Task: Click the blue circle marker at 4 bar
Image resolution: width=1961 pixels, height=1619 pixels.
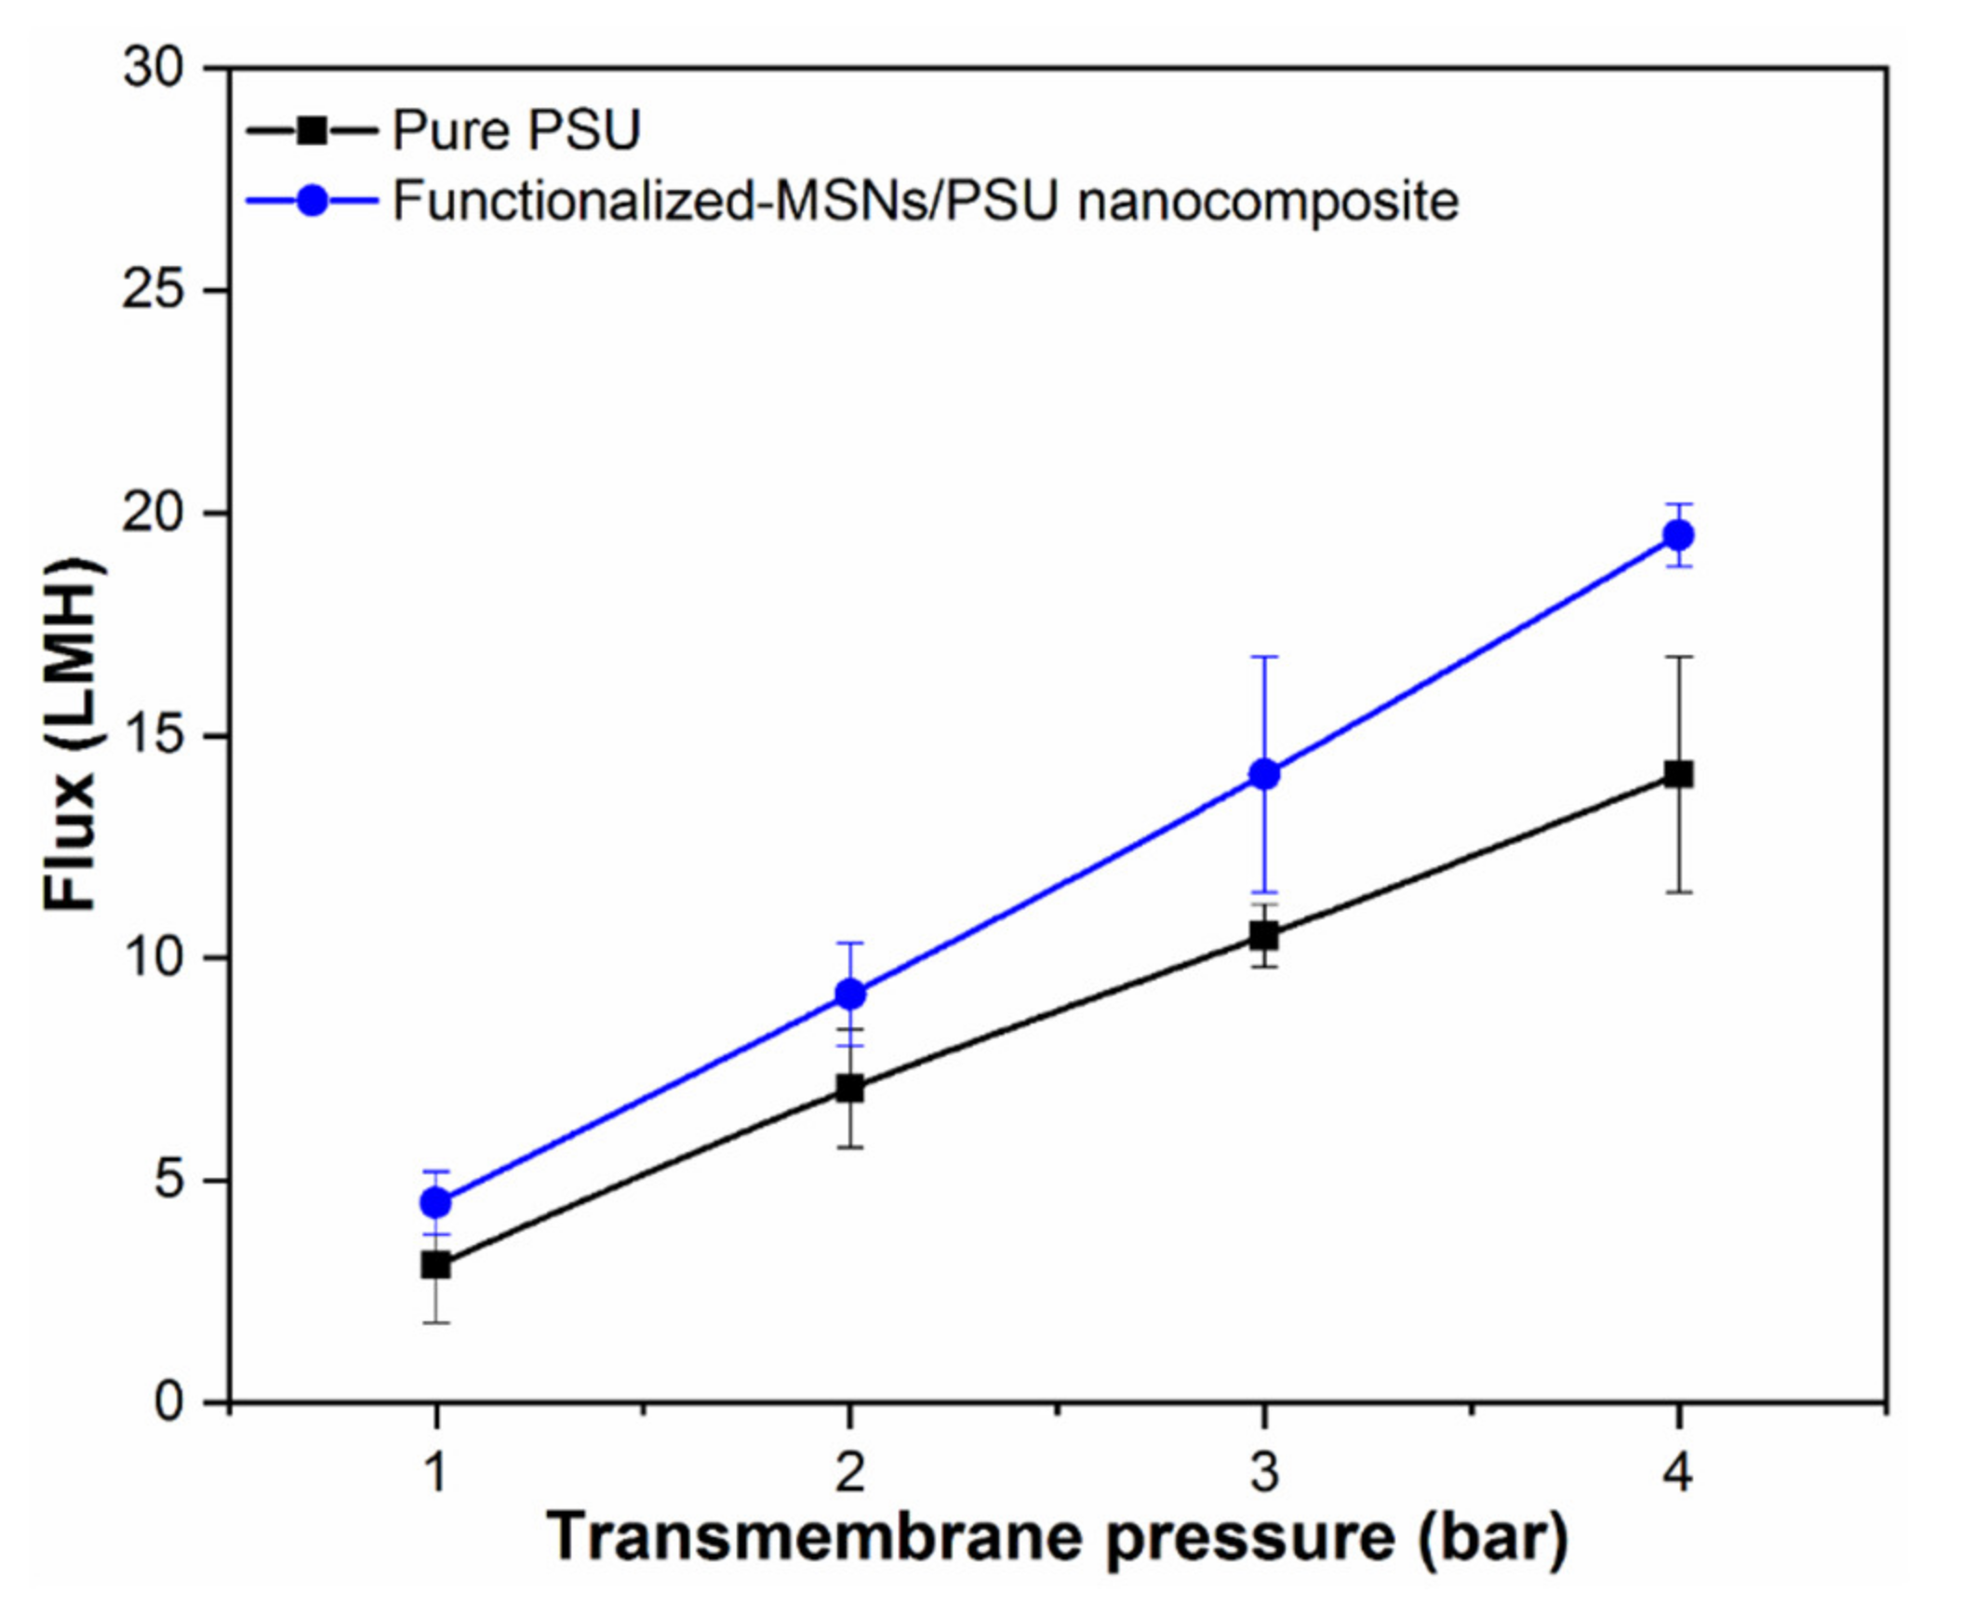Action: pyautogui.click(x=1677, y=535)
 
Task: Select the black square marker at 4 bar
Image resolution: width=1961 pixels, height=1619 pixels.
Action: pyautogui.click(x=1677, y=775)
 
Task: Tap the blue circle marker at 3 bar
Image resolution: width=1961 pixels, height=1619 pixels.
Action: pyautogui.click(x=1263, y=774)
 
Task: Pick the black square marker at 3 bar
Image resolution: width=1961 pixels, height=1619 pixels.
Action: pyautogui.click(x=1263, y=934)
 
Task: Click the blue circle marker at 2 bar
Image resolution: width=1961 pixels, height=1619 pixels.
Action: pyautogui.click(x=849, y=995)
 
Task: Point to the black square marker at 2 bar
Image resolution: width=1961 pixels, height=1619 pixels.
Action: pyautogui.click(x=849, y=1089)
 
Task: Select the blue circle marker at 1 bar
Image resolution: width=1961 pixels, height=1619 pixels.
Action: pyautogui.click(x=435, y=1203)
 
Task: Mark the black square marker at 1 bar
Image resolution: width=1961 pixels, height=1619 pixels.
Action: pyautogui.click(x=435, y=1265)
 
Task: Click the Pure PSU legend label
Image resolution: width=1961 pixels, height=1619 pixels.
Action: pyautogui.click(x=515, y=129)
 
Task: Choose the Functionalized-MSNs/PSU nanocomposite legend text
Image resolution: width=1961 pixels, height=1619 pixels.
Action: pyautogui.click(x=925, y=200)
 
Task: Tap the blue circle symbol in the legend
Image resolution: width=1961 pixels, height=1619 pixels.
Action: pyautogui.click(x=313, y=200)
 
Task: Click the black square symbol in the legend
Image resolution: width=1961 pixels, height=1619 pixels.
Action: pyautogui.click(x=313, y=129)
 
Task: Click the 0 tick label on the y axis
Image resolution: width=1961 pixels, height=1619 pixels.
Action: pyautogui.click(x=168, y=1401)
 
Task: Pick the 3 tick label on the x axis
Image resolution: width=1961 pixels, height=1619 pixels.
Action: pyautogui.click(x=1263, y=1474)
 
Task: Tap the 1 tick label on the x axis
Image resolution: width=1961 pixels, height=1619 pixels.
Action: pyautogui.click(x=435, y=1474)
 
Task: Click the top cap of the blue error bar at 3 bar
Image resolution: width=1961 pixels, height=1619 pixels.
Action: pyautogui.click(x=1263, y=657)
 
